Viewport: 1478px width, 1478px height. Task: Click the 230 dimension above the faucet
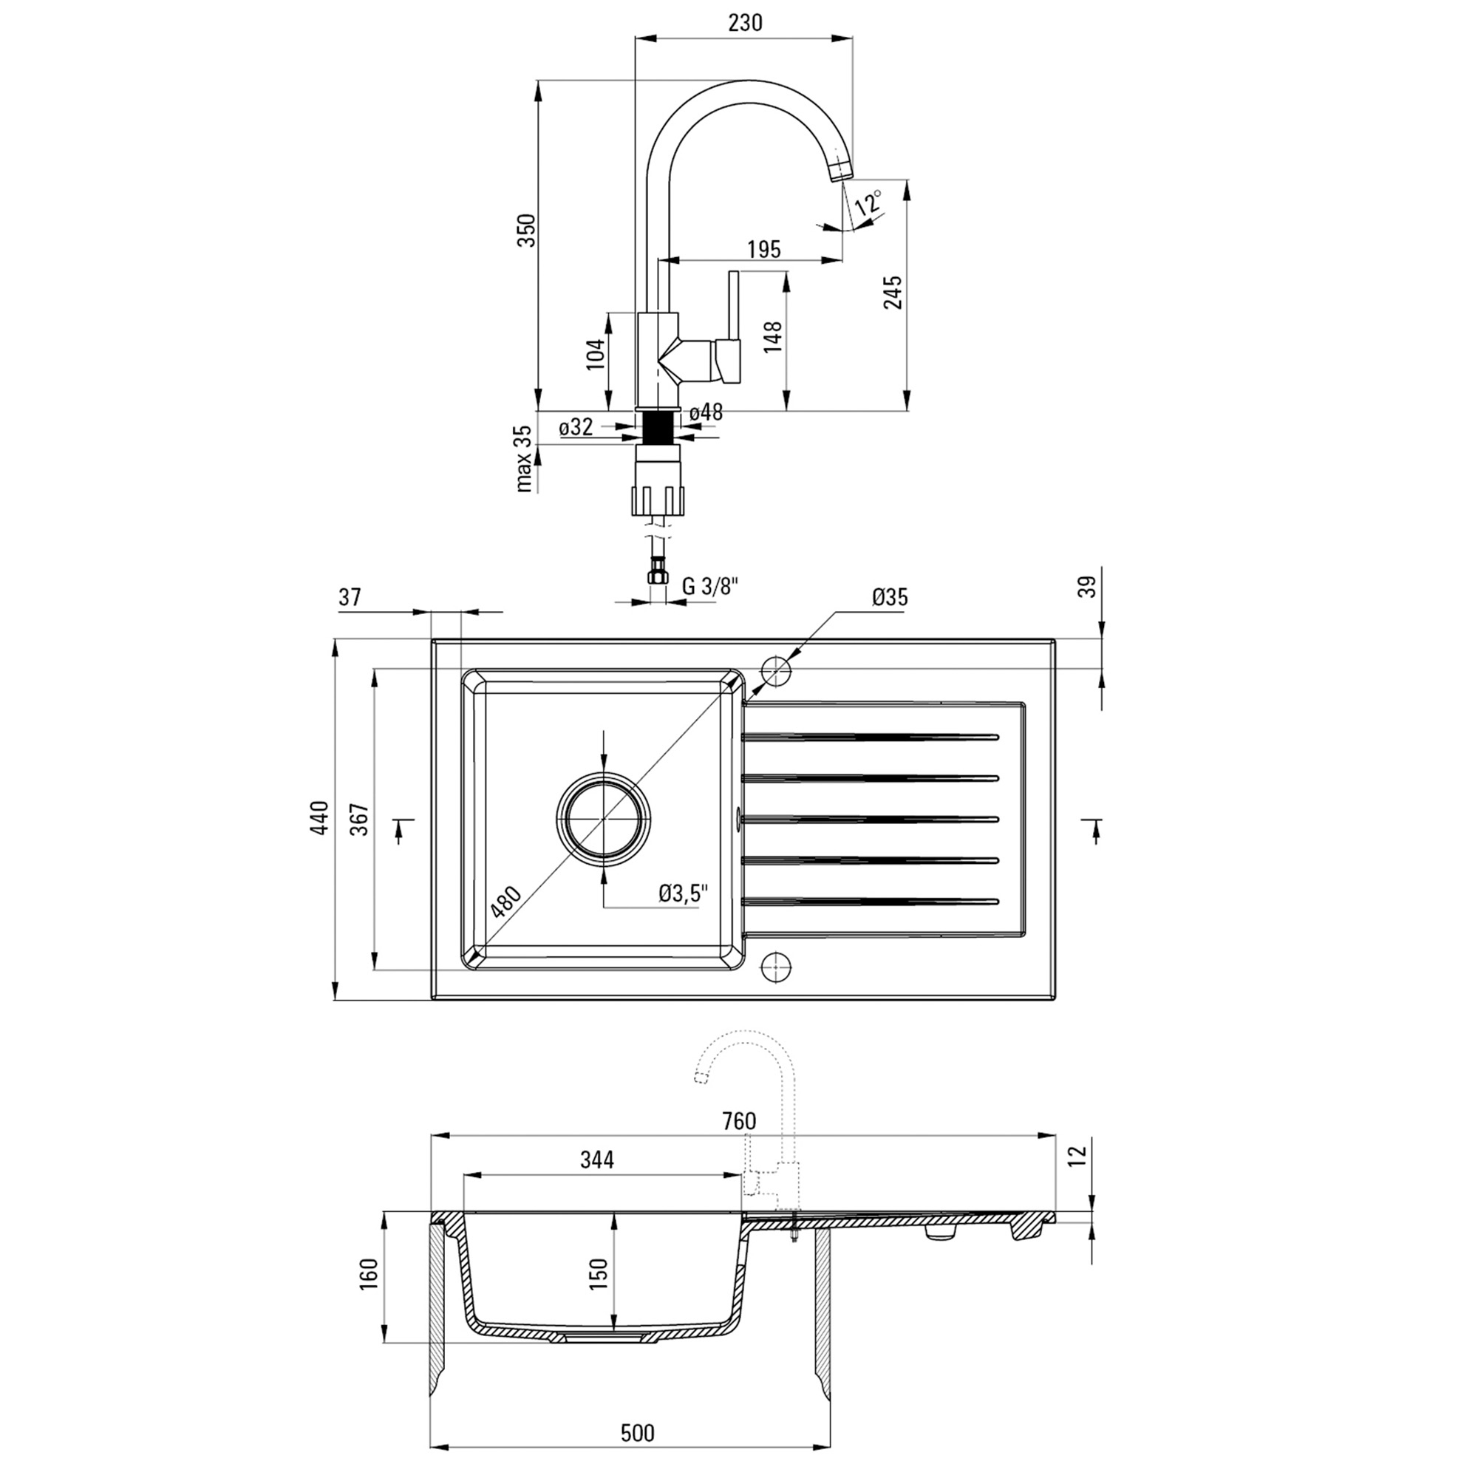745,23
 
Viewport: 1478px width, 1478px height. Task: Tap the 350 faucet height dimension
527,230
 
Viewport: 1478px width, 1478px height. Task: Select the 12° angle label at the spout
869,203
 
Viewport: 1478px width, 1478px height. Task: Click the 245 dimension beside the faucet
893,292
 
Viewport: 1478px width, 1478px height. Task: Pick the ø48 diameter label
705,412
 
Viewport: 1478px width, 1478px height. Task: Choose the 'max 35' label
524,458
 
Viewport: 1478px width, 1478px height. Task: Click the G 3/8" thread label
710,586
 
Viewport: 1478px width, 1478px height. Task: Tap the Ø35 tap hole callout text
889,597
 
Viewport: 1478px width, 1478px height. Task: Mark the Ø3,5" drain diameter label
684,893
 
